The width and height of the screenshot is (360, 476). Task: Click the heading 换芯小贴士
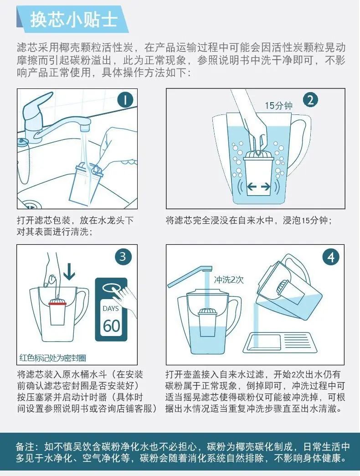pos(74,20)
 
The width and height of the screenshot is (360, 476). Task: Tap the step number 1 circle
pos(125,99)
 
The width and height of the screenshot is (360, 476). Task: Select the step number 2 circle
pos(310,100)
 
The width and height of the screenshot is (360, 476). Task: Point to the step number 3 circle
pos(123,257)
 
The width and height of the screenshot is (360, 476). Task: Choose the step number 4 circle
pos(331,257)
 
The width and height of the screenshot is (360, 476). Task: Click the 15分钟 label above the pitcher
pos(278,105)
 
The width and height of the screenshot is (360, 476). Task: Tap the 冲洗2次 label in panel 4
pos(229,279)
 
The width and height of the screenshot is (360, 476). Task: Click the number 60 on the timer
pos(111,326)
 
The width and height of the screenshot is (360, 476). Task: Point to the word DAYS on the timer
pos(111,309)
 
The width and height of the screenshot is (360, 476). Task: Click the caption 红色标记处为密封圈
pos(52,358)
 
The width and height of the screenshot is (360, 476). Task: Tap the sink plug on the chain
pos(23,141)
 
